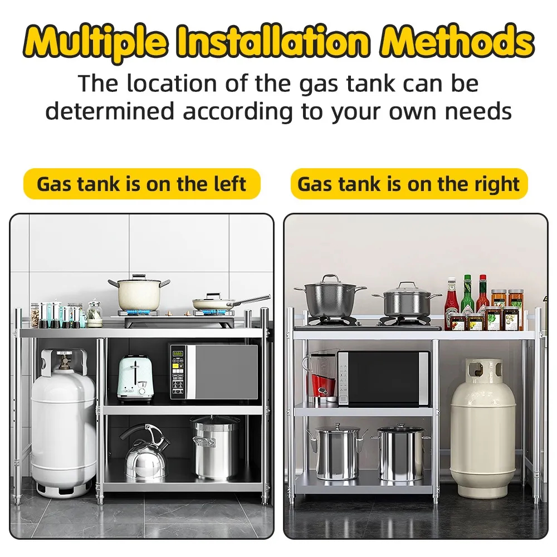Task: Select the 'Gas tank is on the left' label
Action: [x=141, y=184]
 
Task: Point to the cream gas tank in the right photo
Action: [x=482, y=429]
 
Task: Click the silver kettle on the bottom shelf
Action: [x=145, y=454]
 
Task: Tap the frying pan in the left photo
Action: [x=214, y=304]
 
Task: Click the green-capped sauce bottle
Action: [x=467, y=295]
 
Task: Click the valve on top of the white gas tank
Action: [x=64, y=362]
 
